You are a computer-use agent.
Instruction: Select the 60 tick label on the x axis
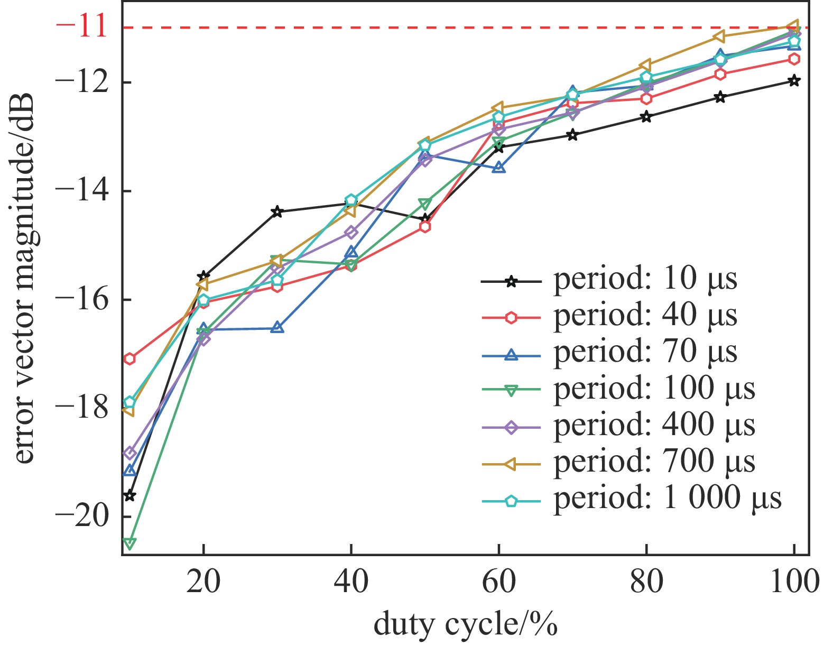[498, 584]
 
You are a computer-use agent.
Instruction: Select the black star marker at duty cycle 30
[277, 212]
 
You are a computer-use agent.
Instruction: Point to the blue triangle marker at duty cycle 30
[277, 328]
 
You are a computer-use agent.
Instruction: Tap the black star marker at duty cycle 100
[794, 81]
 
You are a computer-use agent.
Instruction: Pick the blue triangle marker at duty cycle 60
[498, 168]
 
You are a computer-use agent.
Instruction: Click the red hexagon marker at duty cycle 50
[425, 227]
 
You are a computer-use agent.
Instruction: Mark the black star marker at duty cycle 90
[720, 97]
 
